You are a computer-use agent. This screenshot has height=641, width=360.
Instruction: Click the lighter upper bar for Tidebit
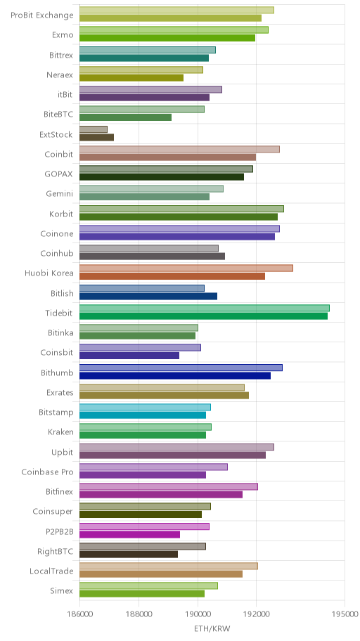point(204,309)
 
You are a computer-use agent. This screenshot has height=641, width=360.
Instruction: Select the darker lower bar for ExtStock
point(96,137)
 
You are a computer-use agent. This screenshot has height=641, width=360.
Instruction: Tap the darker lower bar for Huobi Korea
point(172,276)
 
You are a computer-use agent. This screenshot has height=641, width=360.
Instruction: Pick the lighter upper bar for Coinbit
point(179,149)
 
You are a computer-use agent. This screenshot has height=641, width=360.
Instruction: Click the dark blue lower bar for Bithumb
point(175,376)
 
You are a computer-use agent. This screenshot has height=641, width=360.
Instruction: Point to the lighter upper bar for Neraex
point(141,70)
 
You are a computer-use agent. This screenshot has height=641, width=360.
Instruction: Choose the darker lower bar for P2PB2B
point(129,534)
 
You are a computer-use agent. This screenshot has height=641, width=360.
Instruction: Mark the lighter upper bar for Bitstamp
point(145,407)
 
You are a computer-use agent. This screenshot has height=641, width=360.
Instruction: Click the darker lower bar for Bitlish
point(148,297)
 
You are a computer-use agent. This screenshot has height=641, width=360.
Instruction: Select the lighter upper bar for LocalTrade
point(169,566)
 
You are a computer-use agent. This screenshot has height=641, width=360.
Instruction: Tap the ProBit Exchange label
point(41,15)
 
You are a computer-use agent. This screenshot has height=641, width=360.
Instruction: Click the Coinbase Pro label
point(47,472)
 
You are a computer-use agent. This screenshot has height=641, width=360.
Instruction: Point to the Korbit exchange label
point(60,214)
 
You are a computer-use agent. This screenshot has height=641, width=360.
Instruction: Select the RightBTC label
point(56,552)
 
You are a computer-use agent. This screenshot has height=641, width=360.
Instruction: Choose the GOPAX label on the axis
point(59,174)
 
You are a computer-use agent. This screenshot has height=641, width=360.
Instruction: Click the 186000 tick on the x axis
point(79,614)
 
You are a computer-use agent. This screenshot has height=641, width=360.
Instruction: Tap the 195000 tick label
point(345,614)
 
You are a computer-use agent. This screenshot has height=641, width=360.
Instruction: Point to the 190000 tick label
point(198,614)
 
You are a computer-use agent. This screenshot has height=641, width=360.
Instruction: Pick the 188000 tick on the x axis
point(139,614)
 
